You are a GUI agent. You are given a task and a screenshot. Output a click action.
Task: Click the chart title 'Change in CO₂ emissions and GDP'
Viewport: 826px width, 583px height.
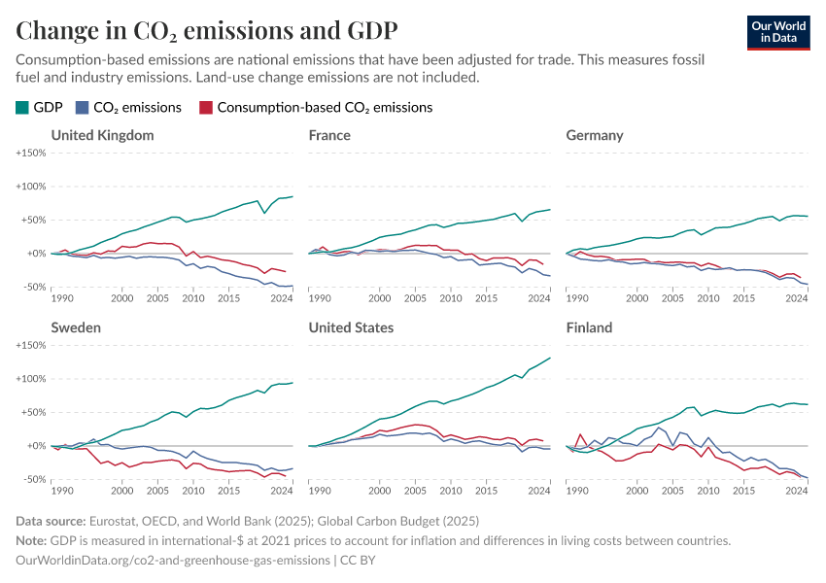(206, 29)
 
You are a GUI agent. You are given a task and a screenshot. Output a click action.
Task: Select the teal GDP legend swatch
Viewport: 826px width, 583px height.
(22, 108)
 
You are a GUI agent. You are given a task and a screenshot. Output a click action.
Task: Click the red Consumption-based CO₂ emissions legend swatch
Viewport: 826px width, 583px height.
(205, 108)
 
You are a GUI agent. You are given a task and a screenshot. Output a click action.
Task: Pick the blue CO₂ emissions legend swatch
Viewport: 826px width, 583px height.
(84, 108)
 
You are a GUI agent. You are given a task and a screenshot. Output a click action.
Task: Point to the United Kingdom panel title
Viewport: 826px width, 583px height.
(102, 135)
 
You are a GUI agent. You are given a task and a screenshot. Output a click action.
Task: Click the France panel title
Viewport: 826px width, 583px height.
(329, 135)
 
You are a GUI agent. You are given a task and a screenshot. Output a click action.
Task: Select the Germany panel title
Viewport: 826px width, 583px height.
(595, 135)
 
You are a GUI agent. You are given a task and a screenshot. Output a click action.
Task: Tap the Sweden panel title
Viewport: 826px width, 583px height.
(76, 327)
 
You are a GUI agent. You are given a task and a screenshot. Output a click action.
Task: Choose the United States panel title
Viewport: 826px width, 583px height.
(351, 327)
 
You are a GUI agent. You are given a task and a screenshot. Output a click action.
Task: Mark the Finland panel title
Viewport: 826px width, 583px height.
(589, 327)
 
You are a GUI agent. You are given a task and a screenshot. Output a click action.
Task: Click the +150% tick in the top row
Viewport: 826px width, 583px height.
(31, 154)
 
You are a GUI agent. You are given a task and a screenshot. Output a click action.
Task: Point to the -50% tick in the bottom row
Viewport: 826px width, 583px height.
(34, 480)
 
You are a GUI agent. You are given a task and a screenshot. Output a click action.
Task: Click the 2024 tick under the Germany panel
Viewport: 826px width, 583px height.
(797, 298)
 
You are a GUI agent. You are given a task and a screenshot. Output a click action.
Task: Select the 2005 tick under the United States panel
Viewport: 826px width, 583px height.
(415, 491)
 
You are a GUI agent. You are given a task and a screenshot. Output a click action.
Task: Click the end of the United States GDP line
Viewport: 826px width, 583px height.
(550, 359)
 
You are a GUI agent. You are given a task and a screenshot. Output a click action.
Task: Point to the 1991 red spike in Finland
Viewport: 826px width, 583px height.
(580, 434)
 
